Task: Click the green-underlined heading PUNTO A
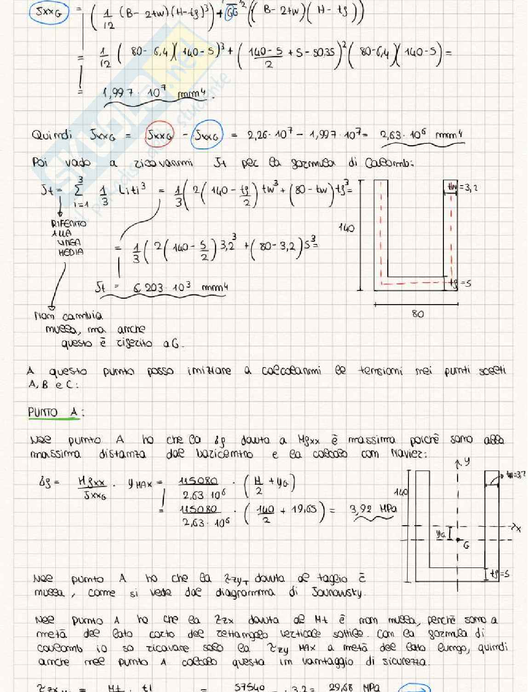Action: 53,412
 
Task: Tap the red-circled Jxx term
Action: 159,136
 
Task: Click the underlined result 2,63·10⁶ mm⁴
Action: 420,135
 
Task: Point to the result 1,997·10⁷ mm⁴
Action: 154,94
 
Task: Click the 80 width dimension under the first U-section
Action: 418,314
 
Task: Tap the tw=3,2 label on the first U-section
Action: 463,187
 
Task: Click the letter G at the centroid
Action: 466,545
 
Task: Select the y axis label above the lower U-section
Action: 466,462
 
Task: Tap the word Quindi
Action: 52,135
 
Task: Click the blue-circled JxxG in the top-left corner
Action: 49,12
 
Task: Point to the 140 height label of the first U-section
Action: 346,227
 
